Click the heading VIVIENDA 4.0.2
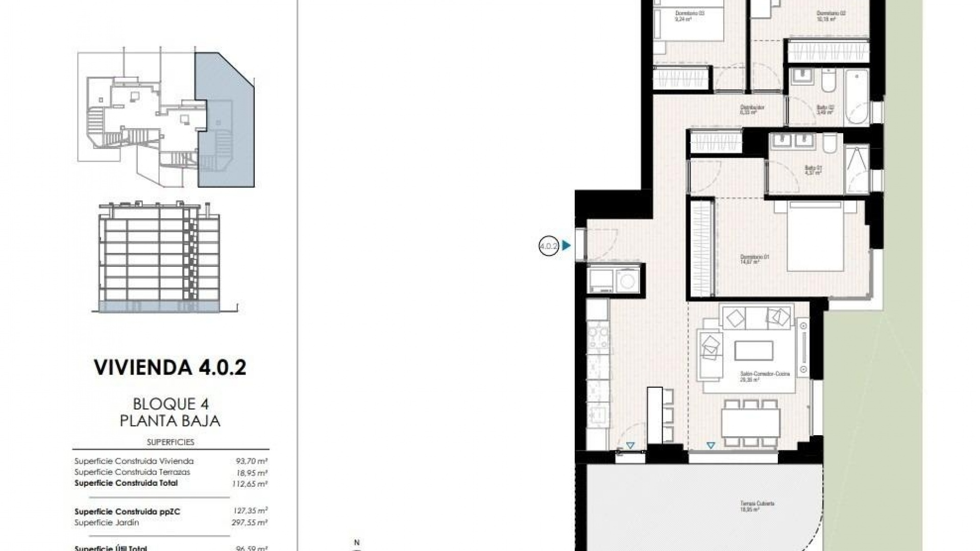(x=170, y=367)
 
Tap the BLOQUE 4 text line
(x=170, y=404)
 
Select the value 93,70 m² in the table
(x=249, y=461)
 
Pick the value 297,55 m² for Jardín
(x=250, y=522)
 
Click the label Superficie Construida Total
(x=126, y=483)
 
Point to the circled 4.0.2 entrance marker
(x=549, y=246)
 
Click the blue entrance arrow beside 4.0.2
(x=566, y=246)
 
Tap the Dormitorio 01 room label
(x=754, y=260)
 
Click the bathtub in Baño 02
(x=856, y=97)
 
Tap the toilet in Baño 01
(x=830, y=144)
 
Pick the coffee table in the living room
(x=753, y=351)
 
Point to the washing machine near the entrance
(x=626, y=280)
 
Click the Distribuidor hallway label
(x=752, y=109)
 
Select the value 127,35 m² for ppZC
(x=250, y=511)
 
